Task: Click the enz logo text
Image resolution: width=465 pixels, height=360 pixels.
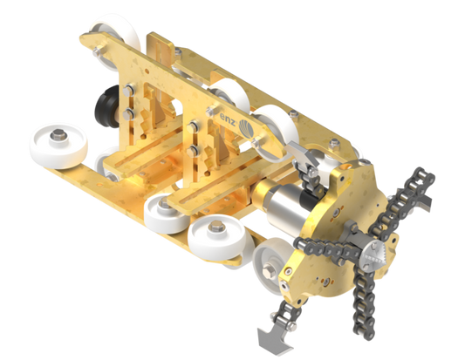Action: pyautogui.click(x=228, y=119)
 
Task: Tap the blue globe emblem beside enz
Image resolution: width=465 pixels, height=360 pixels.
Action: pyautogui.click(x=246, y=129)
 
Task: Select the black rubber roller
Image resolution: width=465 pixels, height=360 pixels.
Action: pyautogui.click(x=107, y=106)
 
